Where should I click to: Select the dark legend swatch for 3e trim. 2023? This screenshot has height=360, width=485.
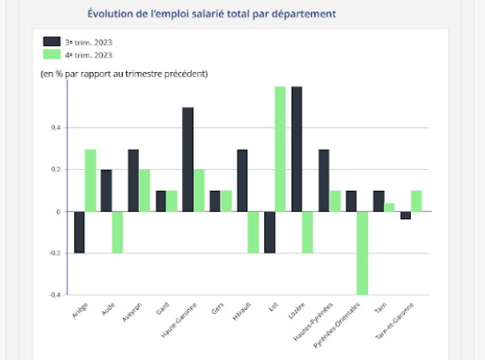pyautogui.click(x=52, y=41)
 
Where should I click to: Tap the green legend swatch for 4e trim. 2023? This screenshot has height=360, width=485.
pyautogui.click(x=52, y=54)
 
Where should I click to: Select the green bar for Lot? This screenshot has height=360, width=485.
pyautogui.click(x=280, y=149)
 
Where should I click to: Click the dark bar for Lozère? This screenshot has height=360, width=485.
pyautogui.click(x=297, y=149)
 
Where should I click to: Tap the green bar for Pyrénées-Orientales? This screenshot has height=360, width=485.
pyautogui.click(x=362, y=252)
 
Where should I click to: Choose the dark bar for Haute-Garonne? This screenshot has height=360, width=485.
pyautogui.click(x=188, y=159)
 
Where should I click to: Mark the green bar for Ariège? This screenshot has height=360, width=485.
pyautogui.click(x=91, y=180)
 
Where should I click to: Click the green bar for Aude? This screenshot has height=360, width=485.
pyautogui.click(x=118, y=232)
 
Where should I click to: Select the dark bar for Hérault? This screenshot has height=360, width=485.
pyautogui.click(x=242, y=180)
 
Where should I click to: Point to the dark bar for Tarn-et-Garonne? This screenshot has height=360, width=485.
pyautogui.click(x=406, y=215)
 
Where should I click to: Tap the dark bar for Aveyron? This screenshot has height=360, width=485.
pyautogui.click(x=133, y=180)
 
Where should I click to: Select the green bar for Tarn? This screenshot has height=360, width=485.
pyautogui.click(x=390, y=207)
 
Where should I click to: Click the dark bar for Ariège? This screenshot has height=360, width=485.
pyautogui.click(x=79, y=232)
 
